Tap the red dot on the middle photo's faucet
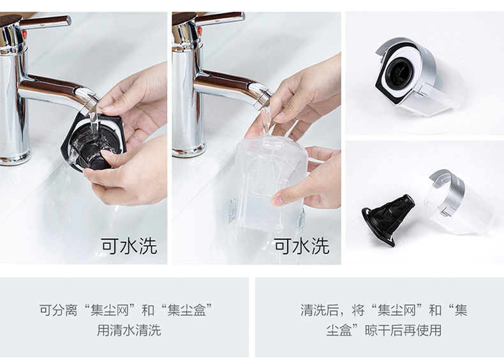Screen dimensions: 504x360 199,31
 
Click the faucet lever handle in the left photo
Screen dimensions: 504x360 46,22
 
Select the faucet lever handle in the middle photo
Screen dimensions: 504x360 220,18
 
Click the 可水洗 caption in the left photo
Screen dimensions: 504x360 130,246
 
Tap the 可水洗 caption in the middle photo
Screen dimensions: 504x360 302,246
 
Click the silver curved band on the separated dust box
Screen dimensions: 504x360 446,190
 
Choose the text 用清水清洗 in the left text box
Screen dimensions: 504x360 130,331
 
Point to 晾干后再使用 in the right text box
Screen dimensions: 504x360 403,331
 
